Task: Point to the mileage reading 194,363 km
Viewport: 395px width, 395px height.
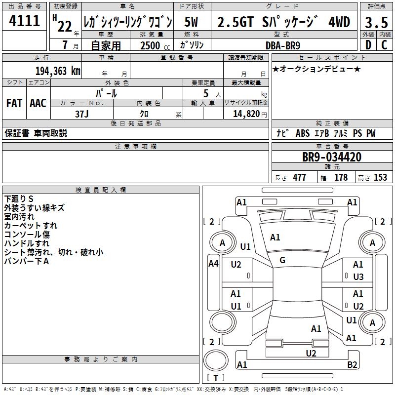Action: [58, 71]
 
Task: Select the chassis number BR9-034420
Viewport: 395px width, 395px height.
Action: [332, 158]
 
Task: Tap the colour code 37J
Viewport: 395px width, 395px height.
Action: [82, 114]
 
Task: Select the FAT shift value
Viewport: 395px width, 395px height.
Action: [14, 103]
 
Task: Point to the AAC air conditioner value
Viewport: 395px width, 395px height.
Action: [38, 103]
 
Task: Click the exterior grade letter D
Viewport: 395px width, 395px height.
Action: [368, 45]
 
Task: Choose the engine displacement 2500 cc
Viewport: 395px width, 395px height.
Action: [154, 45]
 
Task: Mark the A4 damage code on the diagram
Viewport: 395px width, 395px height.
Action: [213, 264]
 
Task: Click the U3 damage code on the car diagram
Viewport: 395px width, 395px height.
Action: [358, 276]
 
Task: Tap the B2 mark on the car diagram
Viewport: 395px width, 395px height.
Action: [352, 365]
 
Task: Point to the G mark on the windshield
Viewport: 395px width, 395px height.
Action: [282, 260]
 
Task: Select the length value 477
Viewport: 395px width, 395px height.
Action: [298, 178]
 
